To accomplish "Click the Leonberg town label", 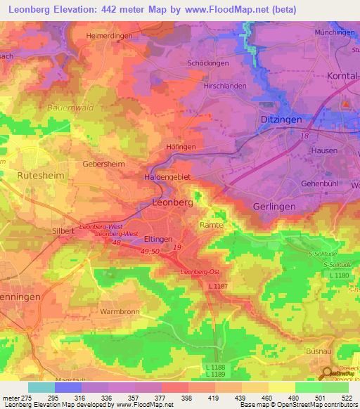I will pos(172,202).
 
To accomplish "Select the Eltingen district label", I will pos(158,239).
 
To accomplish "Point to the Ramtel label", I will pos(212,223).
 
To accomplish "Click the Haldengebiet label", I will pos(167,177).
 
